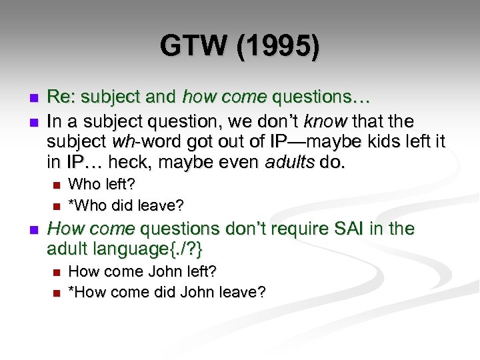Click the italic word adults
coord(297,163)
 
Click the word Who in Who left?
coord(83,184)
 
